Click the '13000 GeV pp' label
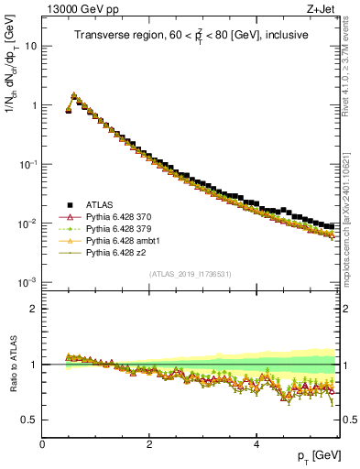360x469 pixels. [x=75, y=8]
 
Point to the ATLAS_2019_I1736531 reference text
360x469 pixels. [x=191, y=274]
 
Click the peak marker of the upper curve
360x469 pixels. [x=73, y=94]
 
